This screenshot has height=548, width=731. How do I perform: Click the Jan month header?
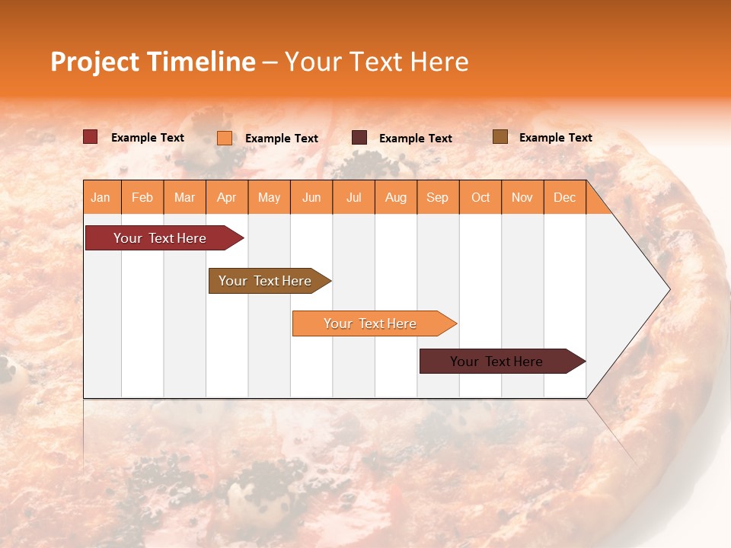[x=101, y=197]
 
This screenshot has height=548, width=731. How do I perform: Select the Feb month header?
[x=142, y=197]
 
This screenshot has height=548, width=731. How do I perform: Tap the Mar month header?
[x=184, y=197]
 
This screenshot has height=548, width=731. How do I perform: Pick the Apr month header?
[x=227, y=197]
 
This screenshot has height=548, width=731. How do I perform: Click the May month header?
[x=269, y=197]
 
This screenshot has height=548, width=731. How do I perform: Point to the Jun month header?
[x=311, y=197]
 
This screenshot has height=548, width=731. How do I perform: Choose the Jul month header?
[x=353, y=197]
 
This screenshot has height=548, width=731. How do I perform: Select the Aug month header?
[x=396, y=197]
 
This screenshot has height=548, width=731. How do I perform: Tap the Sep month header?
[x=438, y=197]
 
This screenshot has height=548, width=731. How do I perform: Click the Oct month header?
[x=480, y=197]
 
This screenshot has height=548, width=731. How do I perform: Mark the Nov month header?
[x=522, y=197]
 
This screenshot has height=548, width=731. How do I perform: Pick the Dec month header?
[x=565, y=197]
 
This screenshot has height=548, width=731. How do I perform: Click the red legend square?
[x=91, y=137]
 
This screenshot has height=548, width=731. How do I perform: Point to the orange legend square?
[x=225, y=138]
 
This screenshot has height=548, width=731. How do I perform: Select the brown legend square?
[x=500, y=137]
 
